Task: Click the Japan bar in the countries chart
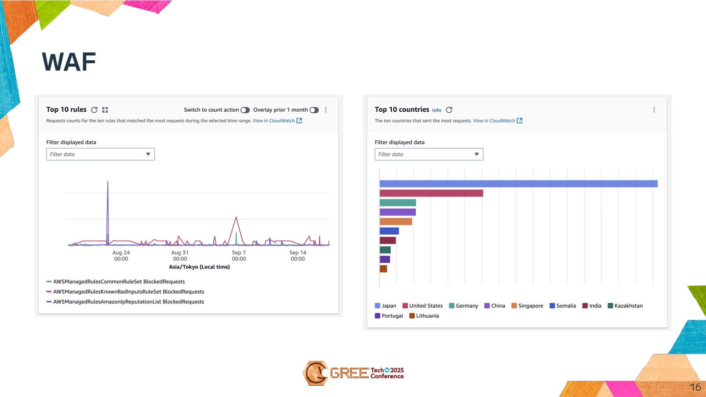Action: [518, 184]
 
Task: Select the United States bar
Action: [431, 193]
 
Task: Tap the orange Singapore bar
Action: [396, 222]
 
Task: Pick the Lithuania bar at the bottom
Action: [383, 269]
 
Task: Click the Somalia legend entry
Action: [563, 306]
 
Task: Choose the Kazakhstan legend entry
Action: [625, 306]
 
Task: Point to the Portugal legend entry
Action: [389, 316]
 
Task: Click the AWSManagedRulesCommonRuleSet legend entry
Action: [119, 282]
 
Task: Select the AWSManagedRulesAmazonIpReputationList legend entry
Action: [128, 302]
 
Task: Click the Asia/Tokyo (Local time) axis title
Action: [199, 267]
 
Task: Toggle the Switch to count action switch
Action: [245, 110]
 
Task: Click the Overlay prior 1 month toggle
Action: [314, 110]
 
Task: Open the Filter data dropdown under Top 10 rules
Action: [101, 154]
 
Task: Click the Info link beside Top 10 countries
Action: [436, 110]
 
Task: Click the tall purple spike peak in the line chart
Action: [108, 182]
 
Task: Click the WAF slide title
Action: [69, 62]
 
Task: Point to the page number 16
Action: [695, 387]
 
